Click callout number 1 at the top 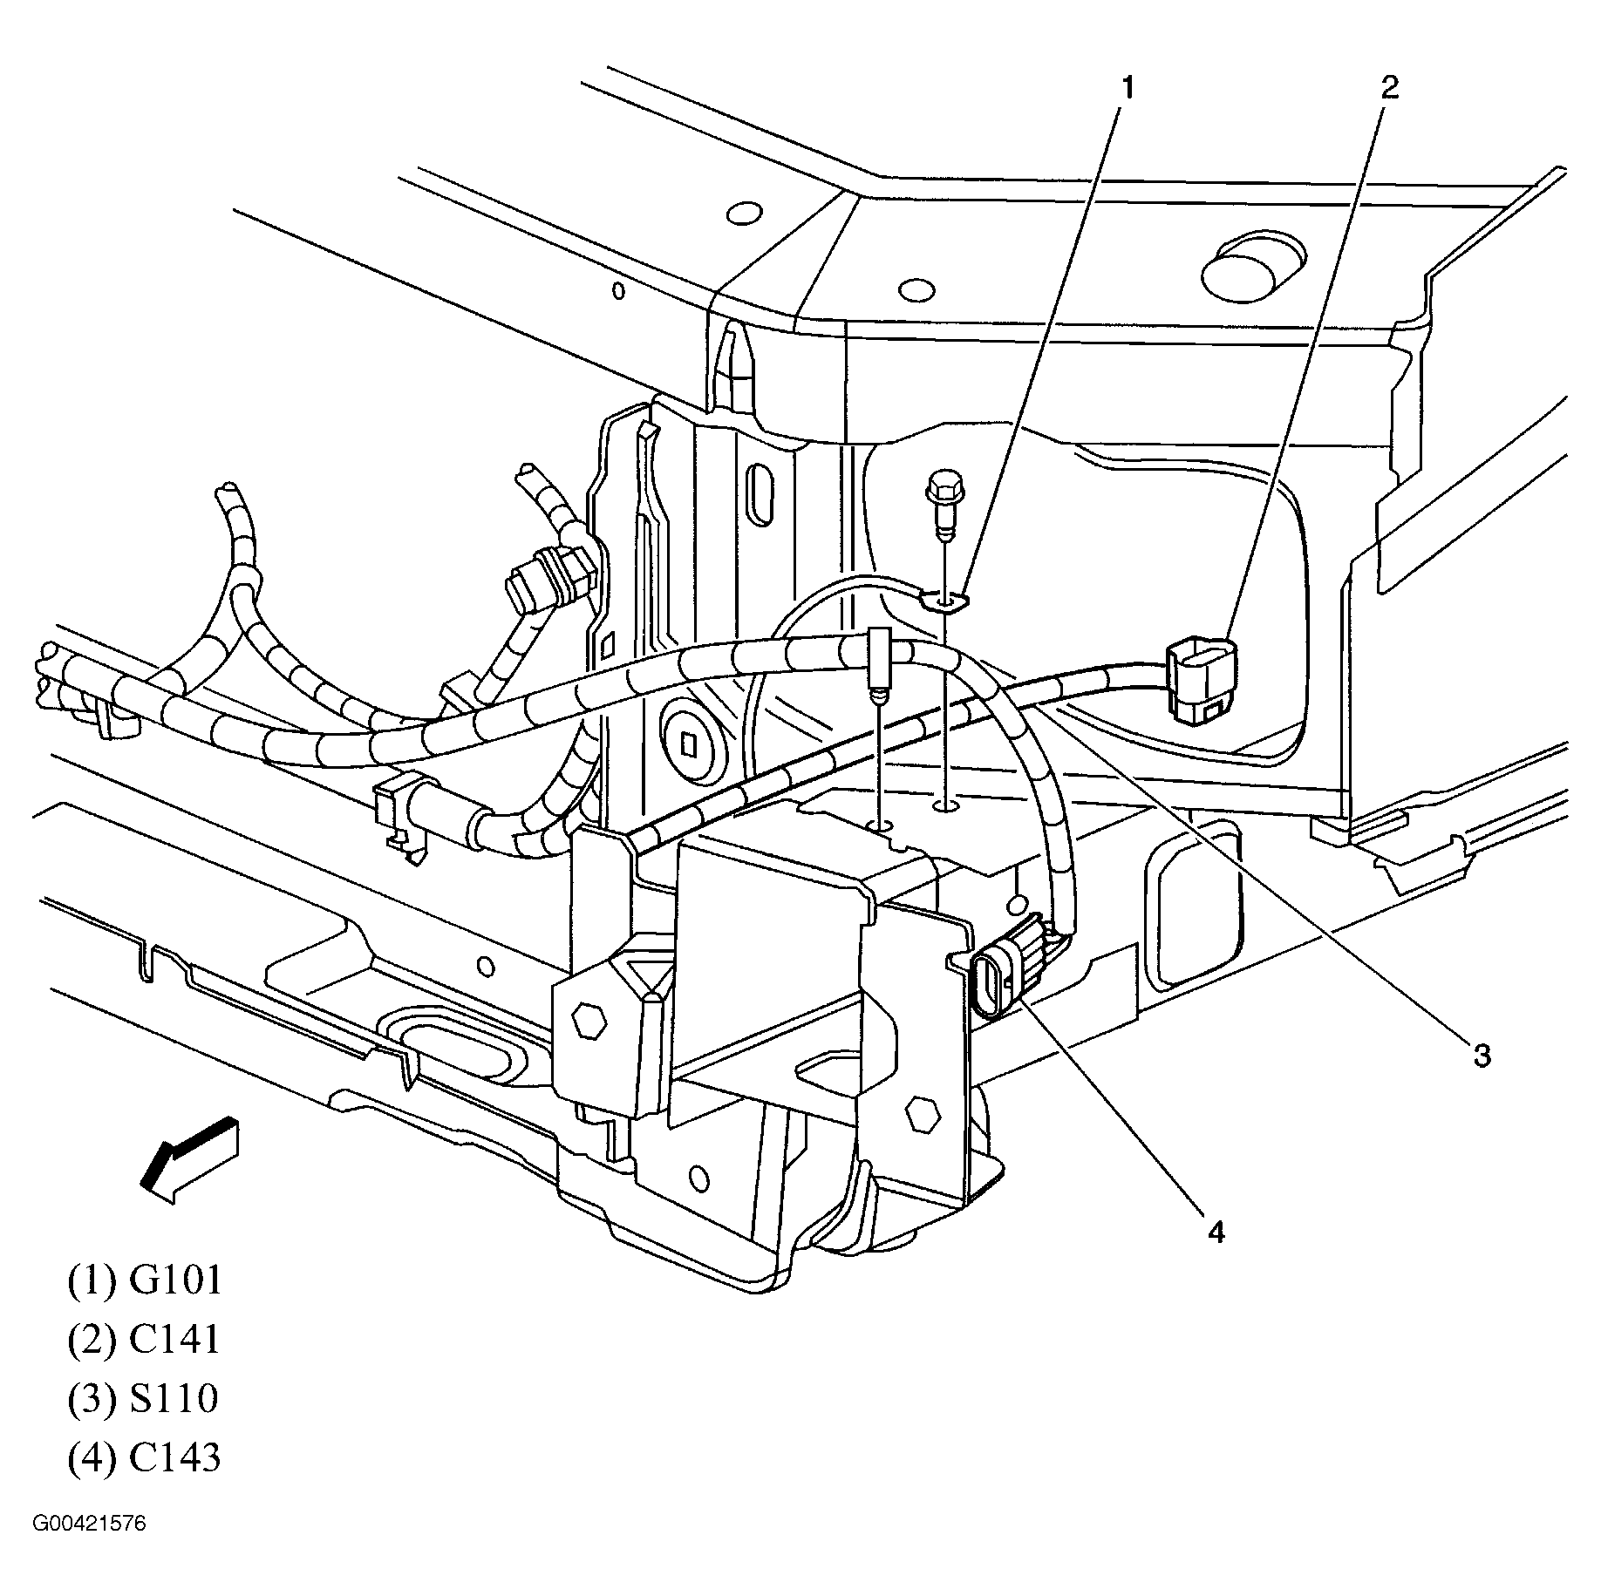point(1127,89)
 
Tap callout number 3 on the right point(1482,1056)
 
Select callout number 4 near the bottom point(1216,1231)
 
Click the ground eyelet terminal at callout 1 point(945,599)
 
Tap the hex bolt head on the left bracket point(590,1019)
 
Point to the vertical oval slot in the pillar point(761,493)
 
